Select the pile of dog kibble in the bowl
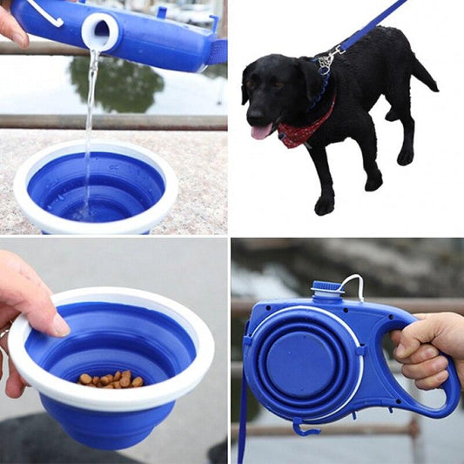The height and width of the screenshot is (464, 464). point(111,380)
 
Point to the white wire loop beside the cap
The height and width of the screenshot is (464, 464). point(353,286)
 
